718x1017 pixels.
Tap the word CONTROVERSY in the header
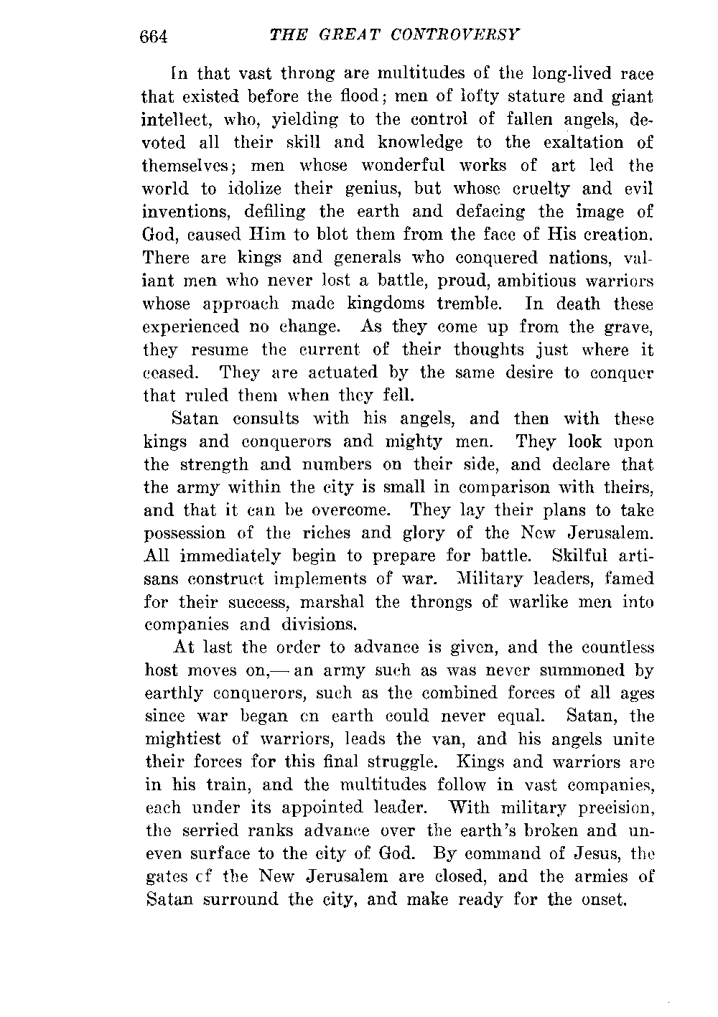pos(452,34)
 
